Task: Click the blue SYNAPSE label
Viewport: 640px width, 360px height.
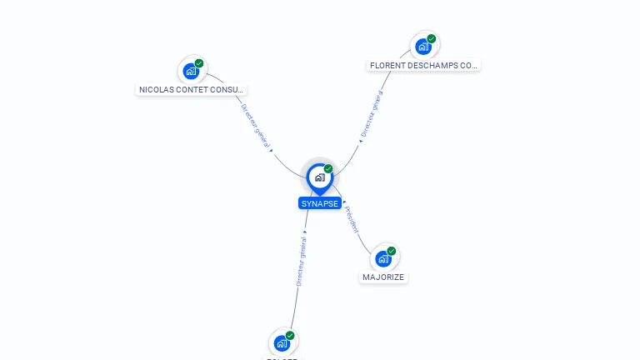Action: coord(320,203)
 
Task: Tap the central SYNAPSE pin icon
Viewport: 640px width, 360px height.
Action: coord(319,177)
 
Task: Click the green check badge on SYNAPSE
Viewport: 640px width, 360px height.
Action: coord(328,168)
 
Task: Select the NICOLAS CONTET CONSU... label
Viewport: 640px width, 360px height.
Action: coord(192,89)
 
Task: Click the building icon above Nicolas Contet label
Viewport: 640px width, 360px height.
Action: coord(191,71)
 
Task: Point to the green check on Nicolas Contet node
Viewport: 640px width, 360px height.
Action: coord(199,63)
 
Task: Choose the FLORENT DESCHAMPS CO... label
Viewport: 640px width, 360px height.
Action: coord(424,65)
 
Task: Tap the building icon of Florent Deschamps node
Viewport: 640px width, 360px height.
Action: coord(423,47)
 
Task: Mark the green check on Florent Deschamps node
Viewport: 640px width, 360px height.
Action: coord(432,39)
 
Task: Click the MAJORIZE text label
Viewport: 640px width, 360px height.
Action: coord(384,277)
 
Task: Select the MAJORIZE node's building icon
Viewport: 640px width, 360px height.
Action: coord(383,258)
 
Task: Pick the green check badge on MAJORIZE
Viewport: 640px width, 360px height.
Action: coord(392,251)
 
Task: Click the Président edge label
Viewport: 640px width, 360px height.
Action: coord(352,218)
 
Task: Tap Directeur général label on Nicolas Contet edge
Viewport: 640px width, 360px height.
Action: coord(255,127)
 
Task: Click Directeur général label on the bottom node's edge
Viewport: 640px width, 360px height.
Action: coord(302,261)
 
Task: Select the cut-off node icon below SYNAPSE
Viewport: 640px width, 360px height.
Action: coord(282,342)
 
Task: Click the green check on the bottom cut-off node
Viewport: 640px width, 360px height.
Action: coord(290,335)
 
